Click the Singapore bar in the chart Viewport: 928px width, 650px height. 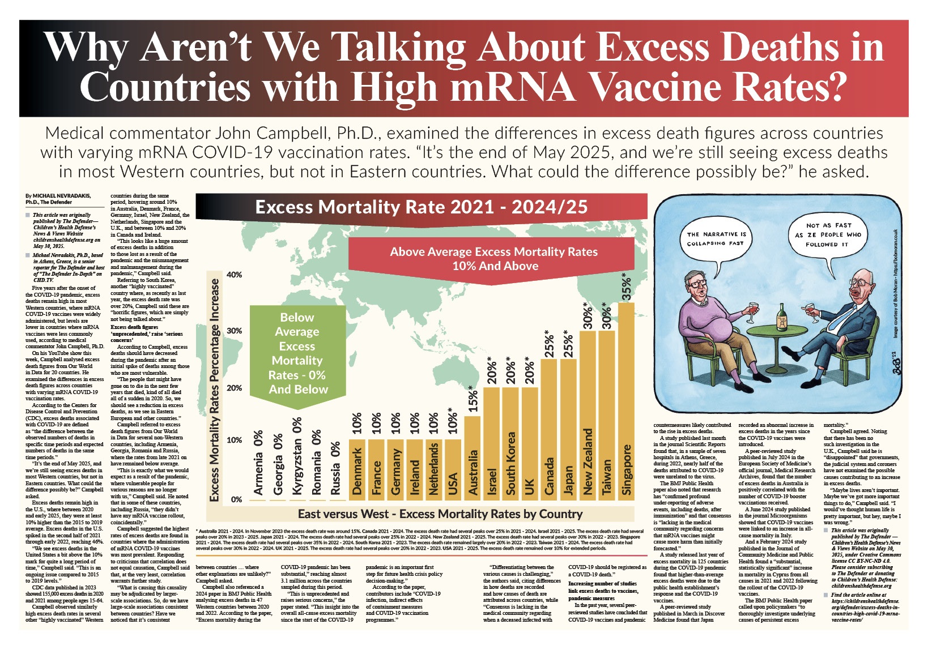click(x=626, y=402)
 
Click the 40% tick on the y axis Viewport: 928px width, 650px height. click(x=234, y=275)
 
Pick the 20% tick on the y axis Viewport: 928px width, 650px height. click(x=234, y=388)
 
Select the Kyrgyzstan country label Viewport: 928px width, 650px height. click(x=297, y=456)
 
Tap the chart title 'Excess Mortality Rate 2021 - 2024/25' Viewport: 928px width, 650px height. click(x=421, y=207)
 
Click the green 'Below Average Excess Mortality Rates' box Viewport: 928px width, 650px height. click(x=297, y=353)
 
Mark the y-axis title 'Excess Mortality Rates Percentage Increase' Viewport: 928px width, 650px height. click(x=215, y=390)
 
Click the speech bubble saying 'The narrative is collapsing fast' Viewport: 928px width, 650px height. click(x=716, y=238)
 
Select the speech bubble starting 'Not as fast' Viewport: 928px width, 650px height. click(x=827, y=234)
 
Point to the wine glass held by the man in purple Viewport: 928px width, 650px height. click(x=753, y=309)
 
